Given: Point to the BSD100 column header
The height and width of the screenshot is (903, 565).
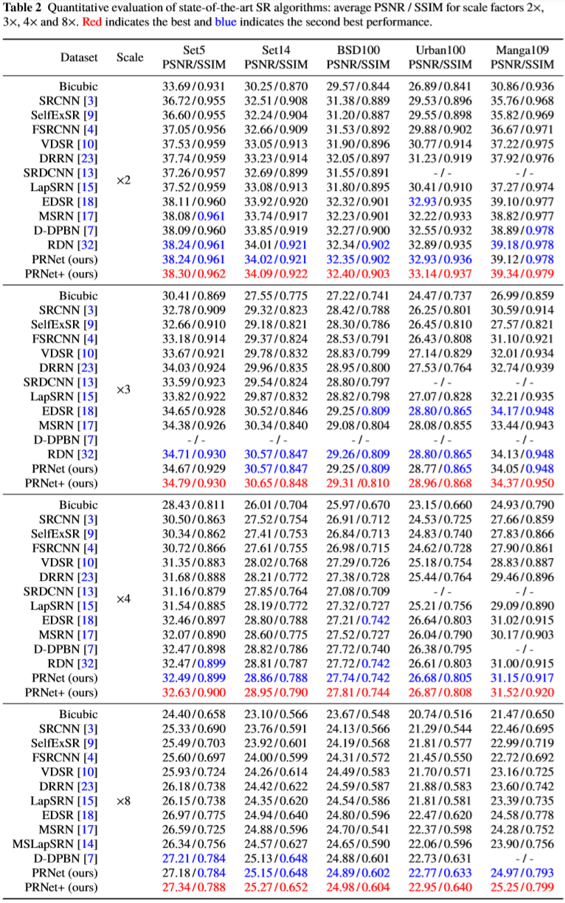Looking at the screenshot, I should click(357, 57).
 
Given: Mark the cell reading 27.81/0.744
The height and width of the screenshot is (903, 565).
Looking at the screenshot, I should click(357, 692).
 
